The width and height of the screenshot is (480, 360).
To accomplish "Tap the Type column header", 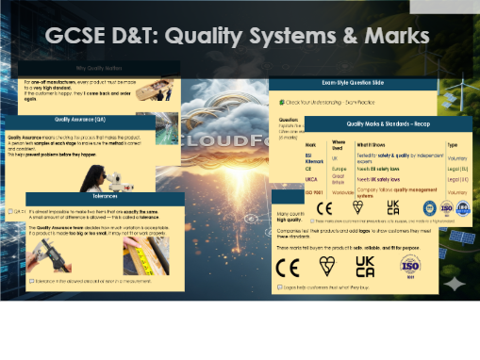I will [452, 144].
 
